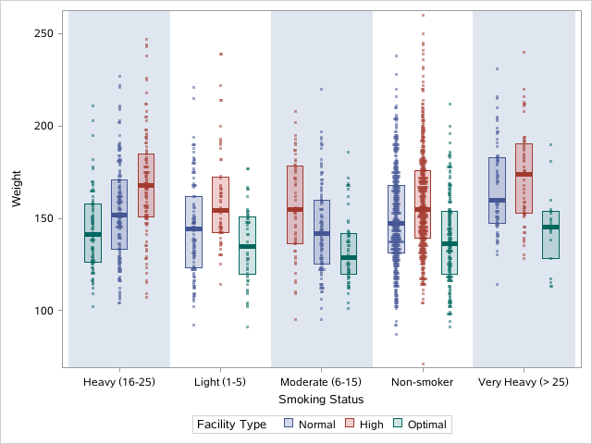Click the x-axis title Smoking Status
pyautogui.click(x=321, y=400)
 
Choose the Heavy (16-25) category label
pyautogui.click(x=118, y=382)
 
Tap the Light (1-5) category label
pyautogui.click(x=220, y=382)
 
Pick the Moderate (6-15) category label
pyautogui.click(x=321, y=382)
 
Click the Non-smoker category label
pyautogui.click(x=422, y=382)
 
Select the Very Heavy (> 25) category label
pyautogui.click(x=524, y=382)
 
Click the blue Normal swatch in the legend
pyautogui.click(x=288, y=425)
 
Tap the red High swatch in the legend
pyautogui.click(x=351, y=425)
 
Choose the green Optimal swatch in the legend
pyautogui.click(x=399, y=425)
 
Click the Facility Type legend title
pyautogui.click(x=231, y=425)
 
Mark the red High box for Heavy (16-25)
pyautogui.click(x=146, y=185)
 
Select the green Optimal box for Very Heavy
pyautogui.click(x=550, y=235)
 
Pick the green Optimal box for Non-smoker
pyautogui.click(x=450, y=242)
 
